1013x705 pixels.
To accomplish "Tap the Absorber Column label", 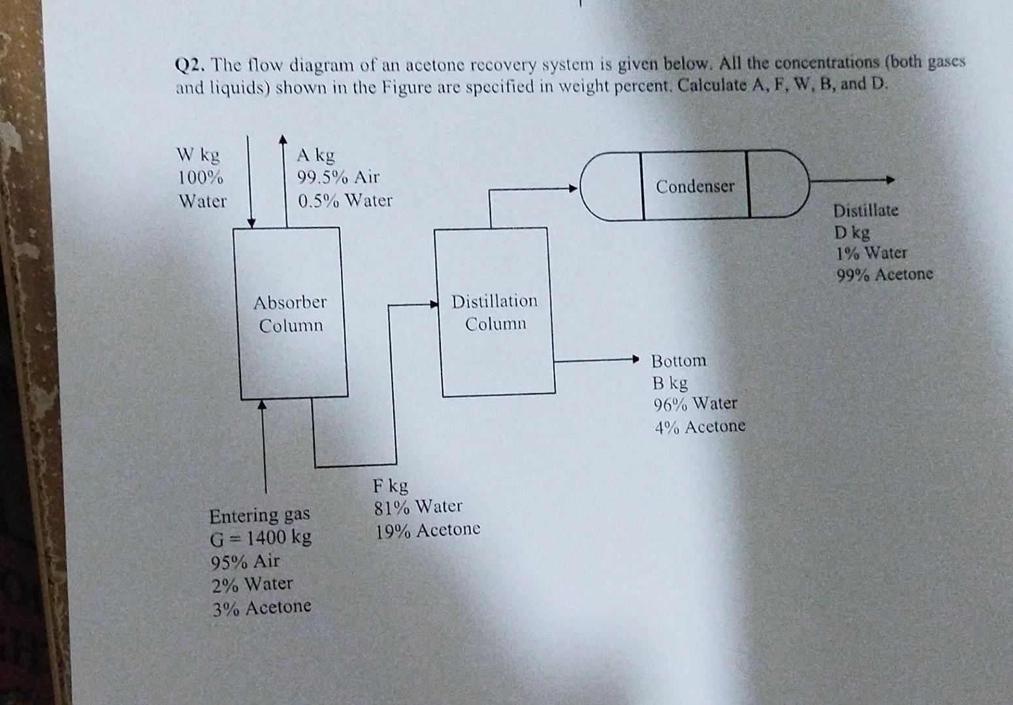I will coord(290,313).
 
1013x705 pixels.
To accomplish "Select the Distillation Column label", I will coord(494,312).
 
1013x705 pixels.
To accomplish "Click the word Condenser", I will coord(695,187).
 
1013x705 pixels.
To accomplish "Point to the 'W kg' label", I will coord(198,155).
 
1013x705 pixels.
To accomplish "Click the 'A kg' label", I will coord(315,155).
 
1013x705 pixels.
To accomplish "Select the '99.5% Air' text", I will coord(338,178).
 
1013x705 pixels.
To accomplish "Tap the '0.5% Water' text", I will coord(345,200).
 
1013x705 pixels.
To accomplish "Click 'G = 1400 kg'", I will coord(261,538).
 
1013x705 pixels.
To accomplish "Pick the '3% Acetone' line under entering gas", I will coord(261,607).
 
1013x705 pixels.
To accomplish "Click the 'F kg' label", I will coord(390,485).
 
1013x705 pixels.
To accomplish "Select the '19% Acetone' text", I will coord(428,529).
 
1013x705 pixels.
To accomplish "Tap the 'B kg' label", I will coord(669,383).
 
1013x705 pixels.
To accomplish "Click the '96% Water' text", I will coord(695,404).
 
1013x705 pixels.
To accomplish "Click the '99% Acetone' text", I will coord(885,275).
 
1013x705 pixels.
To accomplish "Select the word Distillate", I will coord(865,211).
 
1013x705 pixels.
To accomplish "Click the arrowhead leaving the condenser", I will coord(889,181).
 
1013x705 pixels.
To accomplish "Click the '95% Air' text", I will coord(245,561).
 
